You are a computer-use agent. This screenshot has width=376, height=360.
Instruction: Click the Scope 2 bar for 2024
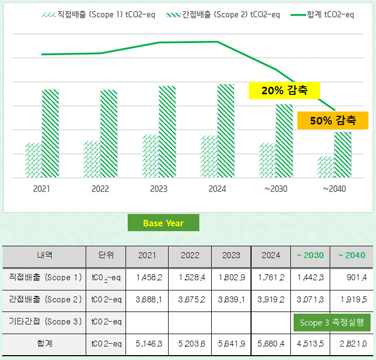[x=226, y=131]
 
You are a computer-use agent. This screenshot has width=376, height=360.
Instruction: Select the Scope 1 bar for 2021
[x=33, y=160]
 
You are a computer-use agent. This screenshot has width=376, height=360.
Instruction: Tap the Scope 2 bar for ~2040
[x=343, y=155]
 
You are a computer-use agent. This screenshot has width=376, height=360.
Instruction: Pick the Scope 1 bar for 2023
[x=150, y=156]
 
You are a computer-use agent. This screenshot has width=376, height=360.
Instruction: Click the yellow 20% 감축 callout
[x=284, y=91]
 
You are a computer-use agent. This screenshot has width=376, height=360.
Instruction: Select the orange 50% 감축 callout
[x=332, y=120]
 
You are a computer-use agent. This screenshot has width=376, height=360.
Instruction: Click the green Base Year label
[x=163, y=223]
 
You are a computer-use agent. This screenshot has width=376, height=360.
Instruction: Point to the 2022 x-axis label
[x=100, y=189]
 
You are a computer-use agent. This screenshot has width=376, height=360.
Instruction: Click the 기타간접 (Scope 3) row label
[x=45, y=322]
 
